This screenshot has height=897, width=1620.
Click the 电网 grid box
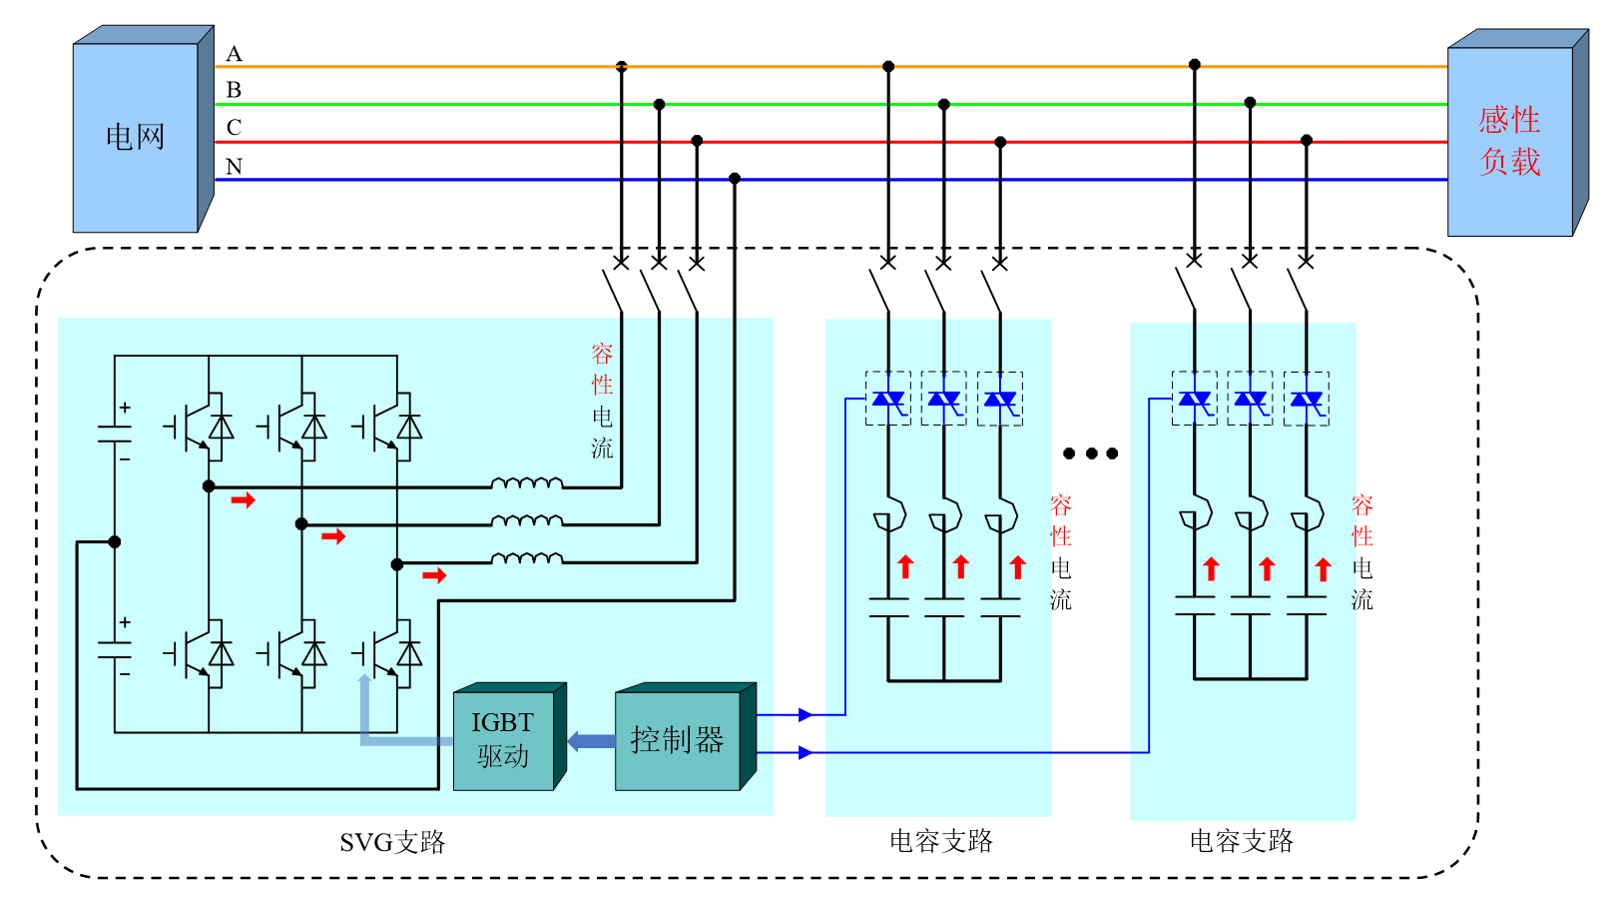pyautogui.click(x=136, y=137)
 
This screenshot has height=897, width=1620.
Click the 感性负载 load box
pyautogui.click(x=1509, y=141)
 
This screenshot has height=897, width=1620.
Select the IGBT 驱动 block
pyautogui.click(x=503, y=739)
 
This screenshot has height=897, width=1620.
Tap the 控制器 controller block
pyautogui.click(x=678, y=740)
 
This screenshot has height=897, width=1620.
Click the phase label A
pyautogui.click(x=234, y=54)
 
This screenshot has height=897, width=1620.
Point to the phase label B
pyautogui.click(x=234, y=90)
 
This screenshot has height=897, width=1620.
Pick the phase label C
pyautogui.click(x=234, y=128)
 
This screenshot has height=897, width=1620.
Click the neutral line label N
pyautogui.click(x=234, y=167)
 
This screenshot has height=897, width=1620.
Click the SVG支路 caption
pyautogui.click(x=392, y=843)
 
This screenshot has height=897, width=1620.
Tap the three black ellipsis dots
pyautogui.click(x=1090, y=453)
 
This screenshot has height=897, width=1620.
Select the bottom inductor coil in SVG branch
pyautogui.click(x=526, y=558)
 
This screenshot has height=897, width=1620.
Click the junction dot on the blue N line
pyautogui.click(x=735, y=179)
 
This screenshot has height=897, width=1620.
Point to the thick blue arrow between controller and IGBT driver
pyautogui.click(x=591, y=741)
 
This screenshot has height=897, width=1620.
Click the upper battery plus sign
pyautogui.click(x=125, y=408)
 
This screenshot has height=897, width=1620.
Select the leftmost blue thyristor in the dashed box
pyautogui.click(x=887, y=399)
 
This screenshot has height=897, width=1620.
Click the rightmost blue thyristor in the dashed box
pyautogui.click(x=1306, y=399)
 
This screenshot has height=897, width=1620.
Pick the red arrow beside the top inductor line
pyautogui.click(x=243, y=499)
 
